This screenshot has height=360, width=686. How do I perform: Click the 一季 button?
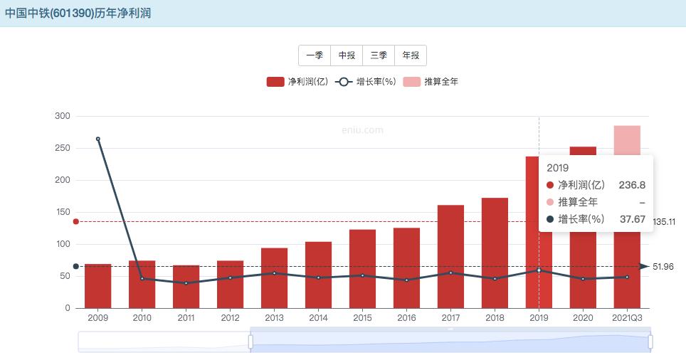coord(315,55)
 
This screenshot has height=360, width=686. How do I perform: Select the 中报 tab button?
coord(347,55)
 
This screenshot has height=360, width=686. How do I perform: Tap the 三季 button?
coord(379,55)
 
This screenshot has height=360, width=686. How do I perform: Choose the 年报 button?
coord(411,55)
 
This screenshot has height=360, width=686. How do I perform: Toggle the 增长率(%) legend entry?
coord(365,82)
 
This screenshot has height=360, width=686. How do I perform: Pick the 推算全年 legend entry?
coord(431,82)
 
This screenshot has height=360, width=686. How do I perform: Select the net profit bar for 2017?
coord(450,256)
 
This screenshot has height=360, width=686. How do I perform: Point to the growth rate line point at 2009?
coord(98,139)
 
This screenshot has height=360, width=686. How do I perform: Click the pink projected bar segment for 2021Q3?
coord(627,139)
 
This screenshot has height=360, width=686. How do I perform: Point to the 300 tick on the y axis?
coord(63,116)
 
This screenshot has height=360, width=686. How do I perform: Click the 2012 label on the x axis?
coord(230,317)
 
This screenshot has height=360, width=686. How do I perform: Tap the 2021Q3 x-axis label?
coord(627,317)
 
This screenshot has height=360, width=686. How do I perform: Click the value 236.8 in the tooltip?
coord(632,185)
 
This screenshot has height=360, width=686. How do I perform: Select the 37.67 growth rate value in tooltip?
coord(632,219)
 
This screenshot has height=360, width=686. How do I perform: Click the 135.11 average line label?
coord(663,222)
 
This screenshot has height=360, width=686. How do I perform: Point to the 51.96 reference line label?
coord(663,267)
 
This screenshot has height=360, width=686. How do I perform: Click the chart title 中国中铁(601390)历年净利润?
coord(78,14)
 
